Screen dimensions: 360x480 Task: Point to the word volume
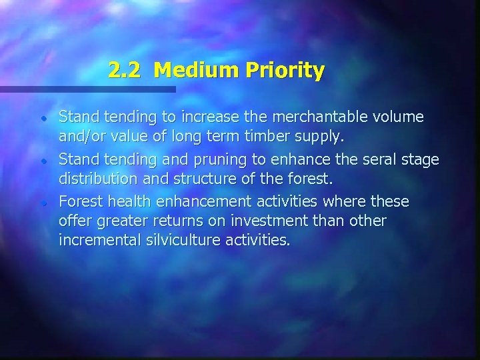(399, 117)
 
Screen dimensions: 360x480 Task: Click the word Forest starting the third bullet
(79, 201)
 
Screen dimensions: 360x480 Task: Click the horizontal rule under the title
(87, 89)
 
